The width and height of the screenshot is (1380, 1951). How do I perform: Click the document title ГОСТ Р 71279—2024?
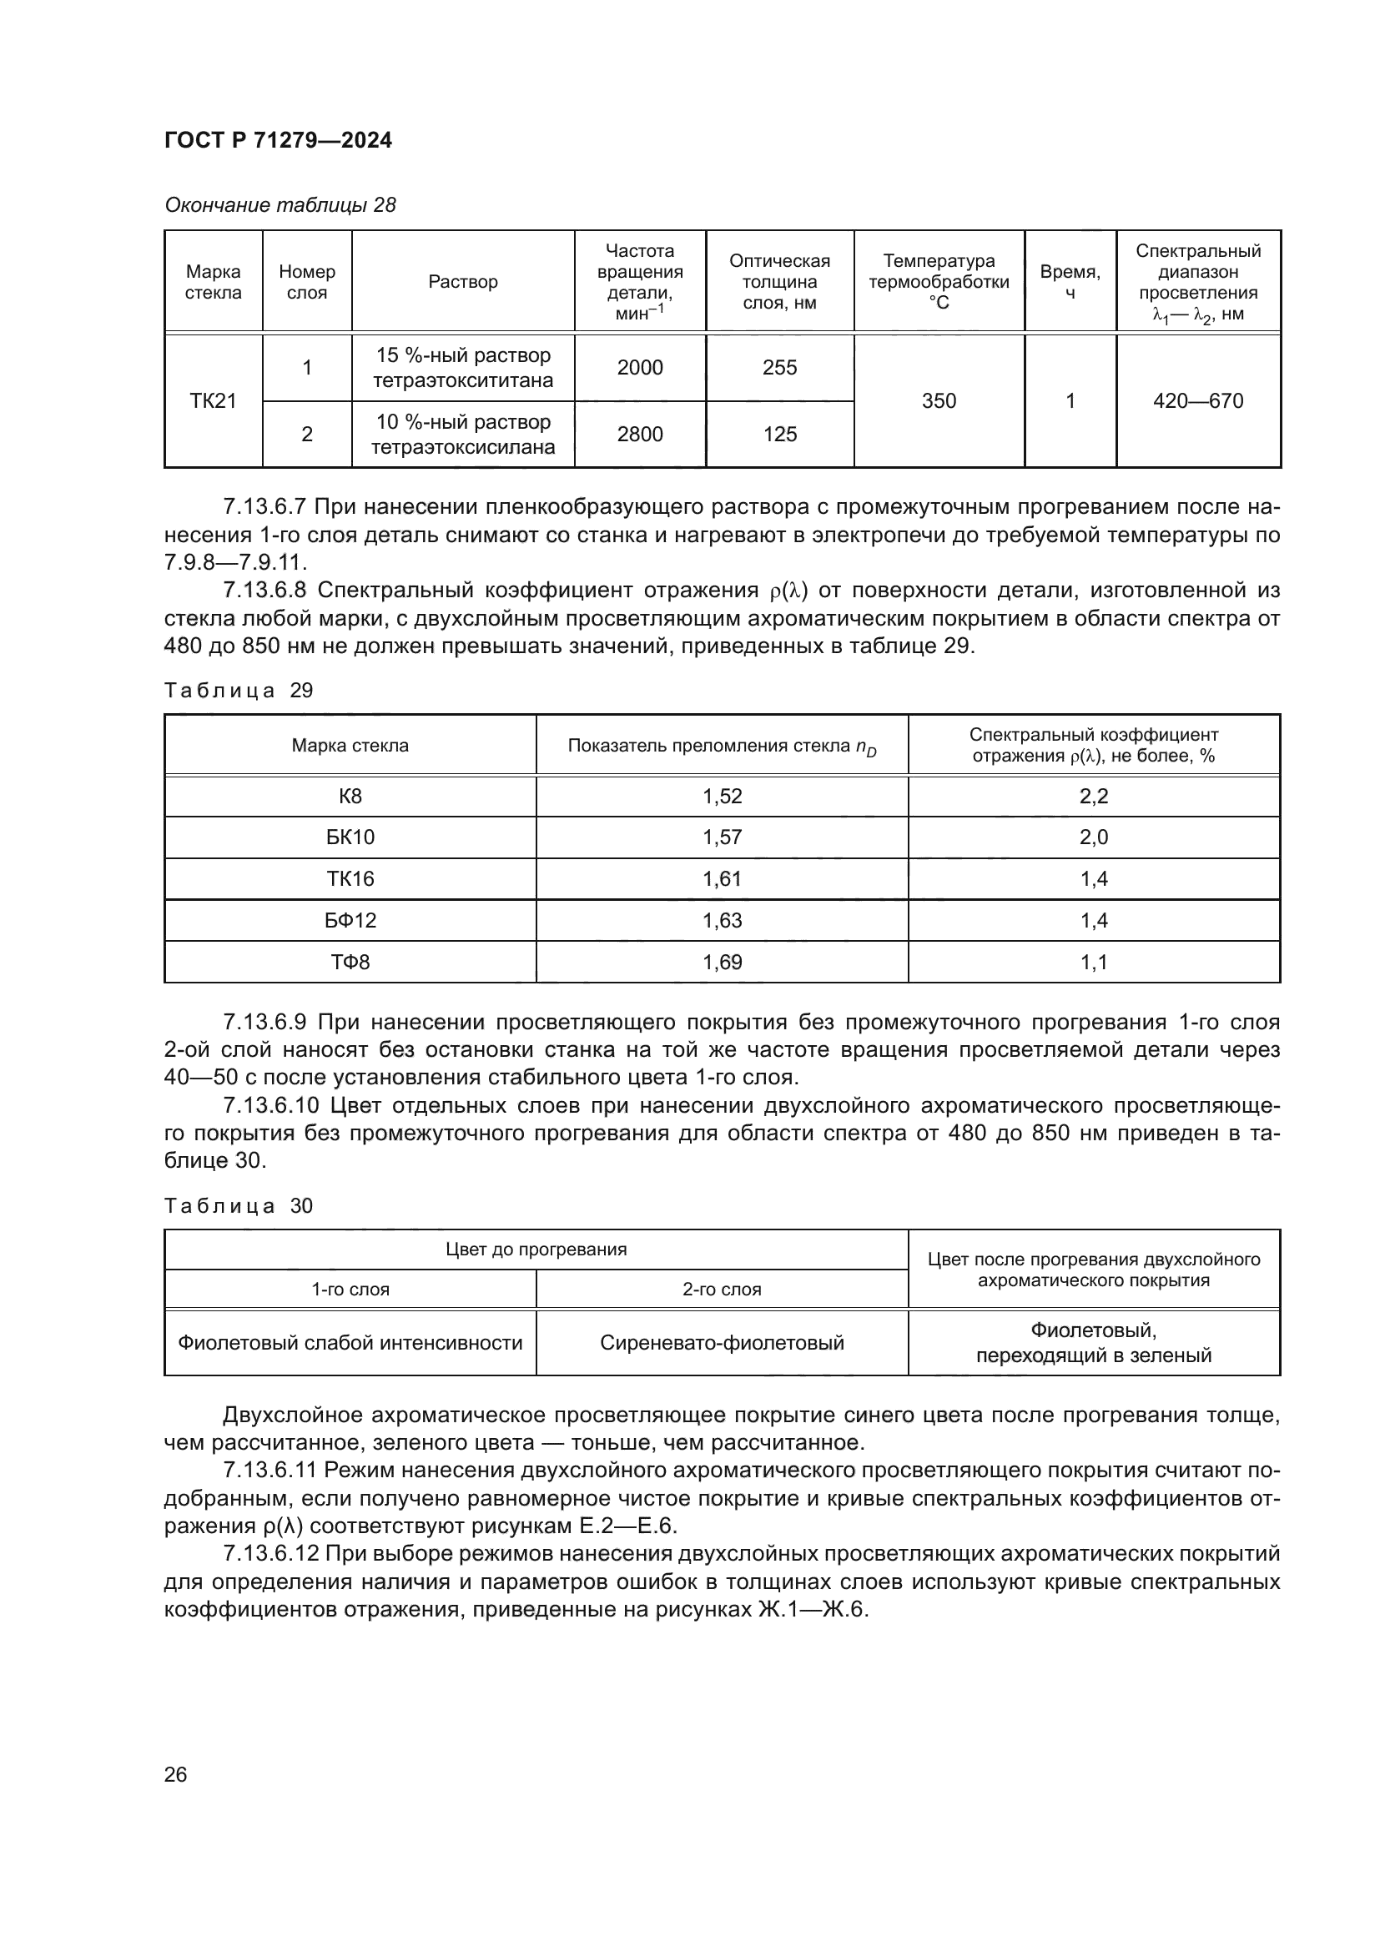click(x=278, y=140)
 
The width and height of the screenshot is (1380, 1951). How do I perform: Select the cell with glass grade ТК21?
click(x=214, y=401)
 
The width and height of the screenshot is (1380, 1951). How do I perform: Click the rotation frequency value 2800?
click(x=640, y=435)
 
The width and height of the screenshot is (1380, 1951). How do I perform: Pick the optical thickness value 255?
click(x=779, y=368)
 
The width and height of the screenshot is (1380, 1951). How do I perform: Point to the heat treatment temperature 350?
click(x=939, y=401)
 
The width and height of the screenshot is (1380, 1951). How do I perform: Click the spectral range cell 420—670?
click(x=1198, y=401)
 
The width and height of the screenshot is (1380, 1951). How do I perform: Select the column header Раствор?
click(x=463, y=282)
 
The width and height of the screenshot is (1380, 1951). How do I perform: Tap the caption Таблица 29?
click(x=239, y=691)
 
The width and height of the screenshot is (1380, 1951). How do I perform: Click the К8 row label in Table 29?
click(x=350, y=797)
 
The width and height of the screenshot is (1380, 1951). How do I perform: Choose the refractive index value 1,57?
click(x=723, y=837)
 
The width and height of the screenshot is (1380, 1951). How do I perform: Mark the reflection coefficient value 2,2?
click(x=1094, y=797)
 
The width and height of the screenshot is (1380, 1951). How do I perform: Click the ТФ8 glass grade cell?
click(x=350, y=962)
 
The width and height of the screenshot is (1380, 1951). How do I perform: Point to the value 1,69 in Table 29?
click(x=723, y=962)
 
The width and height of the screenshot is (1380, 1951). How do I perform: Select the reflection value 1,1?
click(x=1094, y=962)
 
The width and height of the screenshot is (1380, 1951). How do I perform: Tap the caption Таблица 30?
click(x=239, y=1206)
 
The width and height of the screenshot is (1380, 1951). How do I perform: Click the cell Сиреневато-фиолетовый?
click(x=723, y=1343)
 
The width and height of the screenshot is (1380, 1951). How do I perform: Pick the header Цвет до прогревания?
click(x=536, y=1250)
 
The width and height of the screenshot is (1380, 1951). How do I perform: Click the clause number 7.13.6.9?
click(x=265, y=1023)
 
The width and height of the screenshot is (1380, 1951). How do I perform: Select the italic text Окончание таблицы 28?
click(x=280, y=205)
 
